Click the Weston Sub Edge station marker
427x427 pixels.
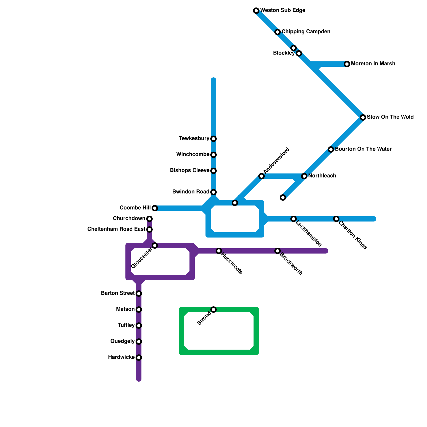pyautogui.click(x=256, y=11)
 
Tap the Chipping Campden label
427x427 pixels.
pyautogui.click(x=306, y=32)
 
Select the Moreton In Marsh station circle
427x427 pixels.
pyautogui.click(x=347, y=64)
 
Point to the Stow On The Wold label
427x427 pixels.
pyautogui.click(x=390, y=117)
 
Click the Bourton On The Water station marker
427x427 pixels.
pyautogui.click(x=331, y=149)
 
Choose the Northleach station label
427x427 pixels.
pyautogui.click(x=322, y=176)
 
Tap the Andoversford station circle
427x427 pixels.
pyautogui.click(x=262, y=176)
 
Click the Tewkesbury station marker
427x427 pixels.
pyautogui.click(x=213, y=139)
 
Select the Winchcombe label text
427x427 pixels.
pyautogui.click(x=193, y=155)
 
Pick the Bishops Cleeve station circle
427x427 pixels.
pyautogui.click(x=213, y=171)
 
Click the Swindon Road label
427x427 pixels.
pyautogui.click(x=191, y=192)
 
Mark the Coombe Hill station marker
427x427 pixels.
pyautogui.click(x=155, y=208)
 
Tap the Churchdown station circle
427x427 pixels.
pyautogui.click(x=149, y=219)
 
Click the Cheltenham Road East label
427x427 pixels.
pyautogui.click(x=116, y=229)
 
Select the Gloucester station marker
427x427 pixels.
pyautogui.click(x=155, y=246)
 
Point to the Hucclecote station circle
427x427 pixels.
pyautogui.click(x=219, y=251)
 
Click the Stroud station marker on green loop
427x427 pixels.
pyautogui.click(x=213, y=310)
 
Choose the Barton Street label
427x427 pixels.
pyautogui.click(x=118, y=293)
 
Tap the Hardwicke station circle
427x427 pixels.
pyautogui.click(x=139, y=358)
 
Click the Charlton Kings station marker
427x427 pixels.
pyautogui.click(x=336, y=219)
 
